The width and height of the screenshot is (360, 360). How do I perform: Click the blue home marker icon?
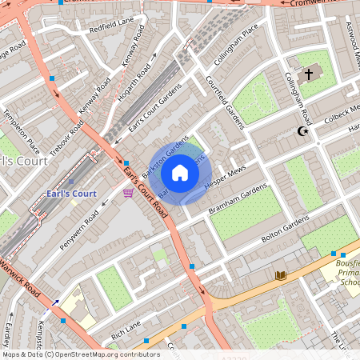(x=180, y=173)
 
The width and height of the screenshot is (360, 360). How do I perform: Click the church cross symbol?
(x=309, y=74)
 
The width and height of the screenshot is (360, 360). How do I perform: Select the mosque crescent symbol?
(x=302, y=130)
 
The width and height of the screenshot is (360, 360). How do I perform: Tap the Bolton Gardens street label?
(x=285, y=230)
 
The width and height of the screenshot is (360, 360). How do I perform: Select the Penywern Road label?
(x=79, y=229)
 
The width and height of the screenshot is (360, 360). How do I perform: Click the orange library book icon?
(x=280, y=275)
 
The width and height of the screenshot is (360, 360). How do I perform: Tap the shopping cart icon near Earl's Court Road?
(x=128, y=193)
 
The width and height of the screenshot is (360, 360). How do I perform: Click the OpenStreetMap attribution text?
(x=81, y=354)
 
